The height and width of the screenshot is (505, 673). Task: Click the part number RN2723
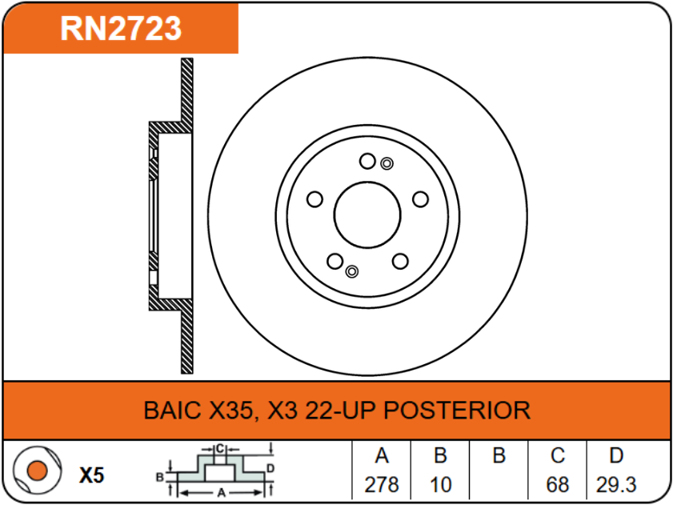[x=121, y=29]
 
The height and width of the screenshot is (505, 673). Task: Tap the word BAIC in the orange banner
[x=172, y=411]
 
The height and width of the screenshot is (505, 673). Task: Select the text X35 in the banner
[x=231, y=411]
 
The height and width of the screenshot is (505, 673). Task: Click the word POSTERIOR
[x=457, y=411]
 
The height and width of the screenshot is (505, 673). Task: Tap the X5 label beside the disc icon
[x=92, y=475]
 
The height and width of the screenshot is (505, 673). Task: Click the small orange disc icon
[x=35, y=471]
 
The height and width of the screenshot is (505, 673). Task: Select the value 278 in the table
[x=382, y=485]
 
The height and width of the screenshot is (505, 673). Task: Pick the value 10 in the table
[x=440, y=485]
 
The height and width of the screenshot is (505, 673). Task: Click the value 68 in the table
[x=558, y=485]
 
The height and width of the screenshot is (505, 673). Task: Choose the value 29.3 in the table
[x=616, y=485]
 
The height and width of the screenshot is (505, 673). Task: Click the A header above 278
[x=382, y=456]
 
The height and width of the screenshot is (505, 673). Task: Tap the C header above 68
[x=558, y=456]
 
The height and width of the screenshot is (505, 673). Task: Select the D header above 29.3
[x=616, y=456]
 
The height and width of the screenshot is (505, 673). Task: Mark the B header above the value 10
[x=440, y=456]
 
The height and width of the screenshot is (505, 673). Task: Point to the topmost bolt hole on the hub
[x=367, y=162]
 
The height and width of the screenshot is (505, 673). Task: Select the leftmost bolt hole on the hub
[x=314, y=199]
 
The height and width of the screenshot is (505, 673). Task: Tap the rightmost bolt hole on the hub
[x=420, y=199]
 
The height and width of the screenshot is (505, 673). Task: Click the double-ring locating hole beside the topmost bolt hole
[x=387, y=164]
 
